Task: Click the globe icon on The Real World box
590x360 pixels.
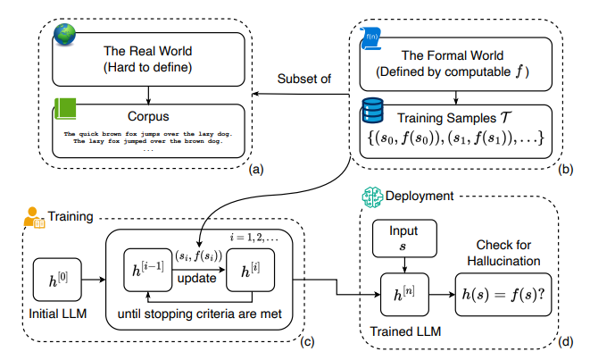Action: coord(65,34)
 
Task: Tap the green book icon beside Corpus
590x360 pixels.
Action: coord(65,109)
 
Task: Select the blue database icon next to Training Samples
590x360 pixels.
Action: coord(372,111)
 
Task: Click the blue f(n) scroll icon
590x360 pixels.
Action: coord(371,38)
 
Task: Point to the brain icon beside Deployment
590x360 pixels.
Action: coord(372,197)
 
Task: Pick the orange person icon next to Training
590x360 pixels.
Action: coord(34,218)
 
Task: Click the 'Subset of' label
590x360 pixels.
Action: coord(304,79)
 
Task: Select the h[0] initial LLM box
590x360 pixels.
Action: coord(57,280)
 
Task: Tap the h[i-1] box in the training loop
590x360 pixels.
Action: coord(148,270)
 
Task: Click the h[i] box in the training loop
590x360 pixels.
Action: coord(250,270)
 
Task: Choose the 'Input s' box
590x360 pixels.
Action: coord(404,239)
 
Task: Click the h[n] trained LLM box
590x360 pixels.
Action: coord(404,295)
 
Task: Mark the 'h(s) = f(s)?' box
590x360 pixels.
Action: coord(503,295)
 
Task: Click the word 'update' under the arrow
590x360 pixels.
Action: coord(196,279)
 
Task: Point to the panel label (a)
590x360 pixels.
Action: coord(256,170)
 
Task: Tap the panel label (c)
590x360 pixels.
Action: coord(307,341)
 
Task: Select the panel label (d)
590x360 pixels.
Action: coord(566,341)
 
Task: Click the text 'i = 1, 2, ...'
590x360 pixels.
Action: coord(254,238)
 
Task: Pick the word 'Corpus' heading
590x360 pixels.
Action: coord(148,116)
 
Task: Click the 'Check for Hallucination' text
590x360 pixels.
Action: coord(503,253)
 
